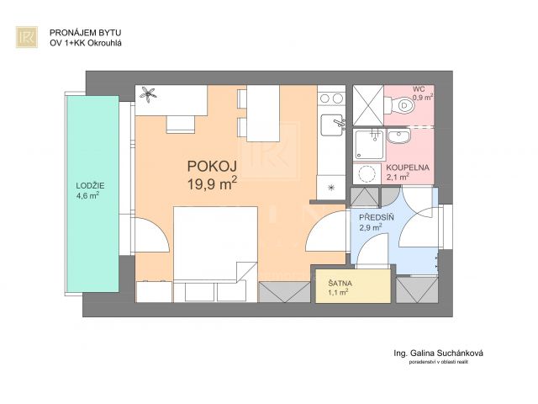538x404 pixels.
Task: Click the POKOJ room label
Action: point(212,167)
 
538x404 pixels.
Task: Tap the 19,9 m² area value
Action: point(212,183)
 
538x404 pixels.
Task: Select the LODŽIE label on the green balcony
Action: point(90,186)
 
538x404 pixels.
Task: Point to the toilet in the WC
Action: point(402,104)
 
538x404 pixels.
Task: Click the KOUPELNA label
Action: point(408,167)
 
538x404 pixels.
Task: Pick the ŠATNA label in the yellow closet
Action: point(340,284)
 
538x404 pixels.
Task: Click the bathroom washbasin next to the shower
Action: point(398,136)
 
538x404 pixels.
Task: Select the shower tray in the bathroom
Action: point(369,144)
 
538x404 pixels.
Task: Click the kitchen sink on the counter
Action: point(332,125)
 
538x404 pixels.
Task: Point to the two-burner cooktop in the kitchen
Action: point(331,98)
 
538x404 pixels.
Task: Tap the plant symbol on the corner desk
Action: point(148,93)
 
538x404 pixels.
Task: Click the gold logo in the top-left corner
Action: point(27,37)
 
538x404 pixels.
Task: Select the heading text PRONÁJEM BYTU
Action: point(86,33)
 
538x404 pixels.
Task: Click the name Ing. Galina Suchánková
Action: point(438,353)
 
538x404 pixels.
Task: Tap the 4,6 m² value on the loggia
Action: point(88,196)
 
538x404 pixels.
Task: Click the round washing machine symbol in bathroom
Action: point(367,173)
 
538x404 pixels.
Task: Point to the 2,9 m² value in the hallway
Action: point(371,227)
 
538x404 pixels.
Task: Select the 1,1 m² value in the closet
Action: point(339,292)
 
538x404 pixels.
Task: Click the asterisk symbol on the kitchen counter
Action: point(331,187)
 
